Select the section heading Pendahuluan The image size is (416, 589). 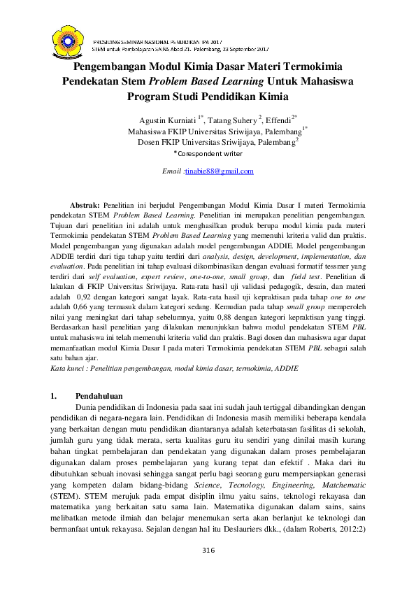click(96, 396)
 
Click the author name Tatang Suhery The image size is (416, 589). click(238, 120)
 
